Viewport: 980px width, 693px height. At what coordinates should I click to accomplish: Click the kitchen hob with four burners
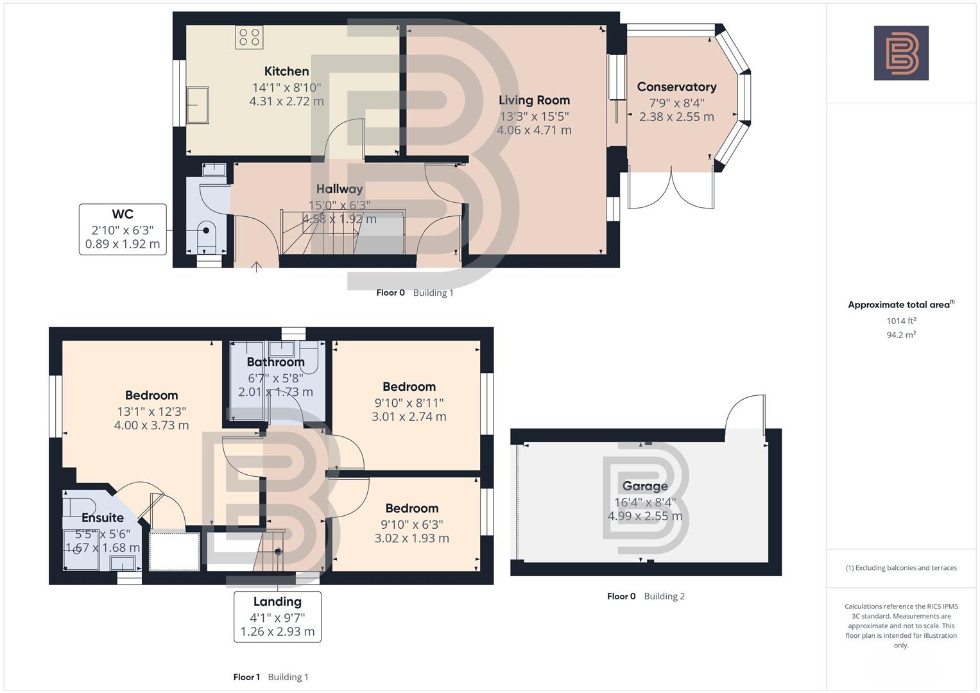249,37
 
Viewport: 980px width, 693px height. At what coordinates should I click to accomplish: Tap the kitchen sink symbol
198,105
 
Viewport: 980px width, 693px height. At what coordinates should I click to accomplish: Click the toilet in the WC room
207,235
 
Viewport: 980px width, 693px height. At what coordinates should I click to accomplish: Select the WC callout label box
123,229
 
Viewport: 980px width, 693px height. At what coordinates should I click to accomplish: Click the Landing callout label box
277,616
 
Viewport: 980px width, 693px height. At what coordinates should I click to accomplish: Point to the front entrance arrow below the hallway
256,267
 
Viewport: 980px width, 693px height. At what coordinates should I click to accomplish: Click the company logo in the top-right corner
901,53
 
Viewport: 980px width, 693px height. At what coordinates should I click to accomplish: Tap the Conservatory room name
676,87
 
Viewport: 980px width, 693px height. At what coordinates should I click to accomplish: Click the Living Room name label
534,100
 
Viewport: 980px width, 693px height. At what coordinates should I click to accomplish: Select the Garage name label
645,486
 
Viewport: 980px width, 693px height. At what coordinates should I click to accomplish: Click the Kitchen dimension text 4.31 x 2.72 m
286,101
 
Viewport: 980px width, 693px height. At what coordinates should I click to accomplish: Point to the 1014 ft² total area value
901,321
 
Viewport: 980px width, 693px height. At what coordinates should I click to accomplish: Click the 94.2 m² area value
901,334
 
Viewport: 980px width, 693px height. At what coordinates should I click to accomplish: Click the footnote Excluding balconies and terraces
901,568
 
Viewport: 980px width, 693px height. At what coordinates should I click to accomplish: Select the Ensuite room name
103,518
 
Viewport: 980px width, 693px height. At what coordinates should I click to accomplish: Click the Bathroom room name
275,362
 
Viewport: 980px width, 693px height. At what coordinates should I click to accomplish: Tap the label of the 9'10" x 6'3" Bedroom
411,508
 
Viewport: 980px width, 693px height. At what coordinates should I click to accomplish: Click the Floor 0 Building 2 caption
646,596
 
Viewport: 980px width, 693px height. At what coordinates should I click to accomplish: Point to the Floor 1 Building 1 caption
271,677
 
